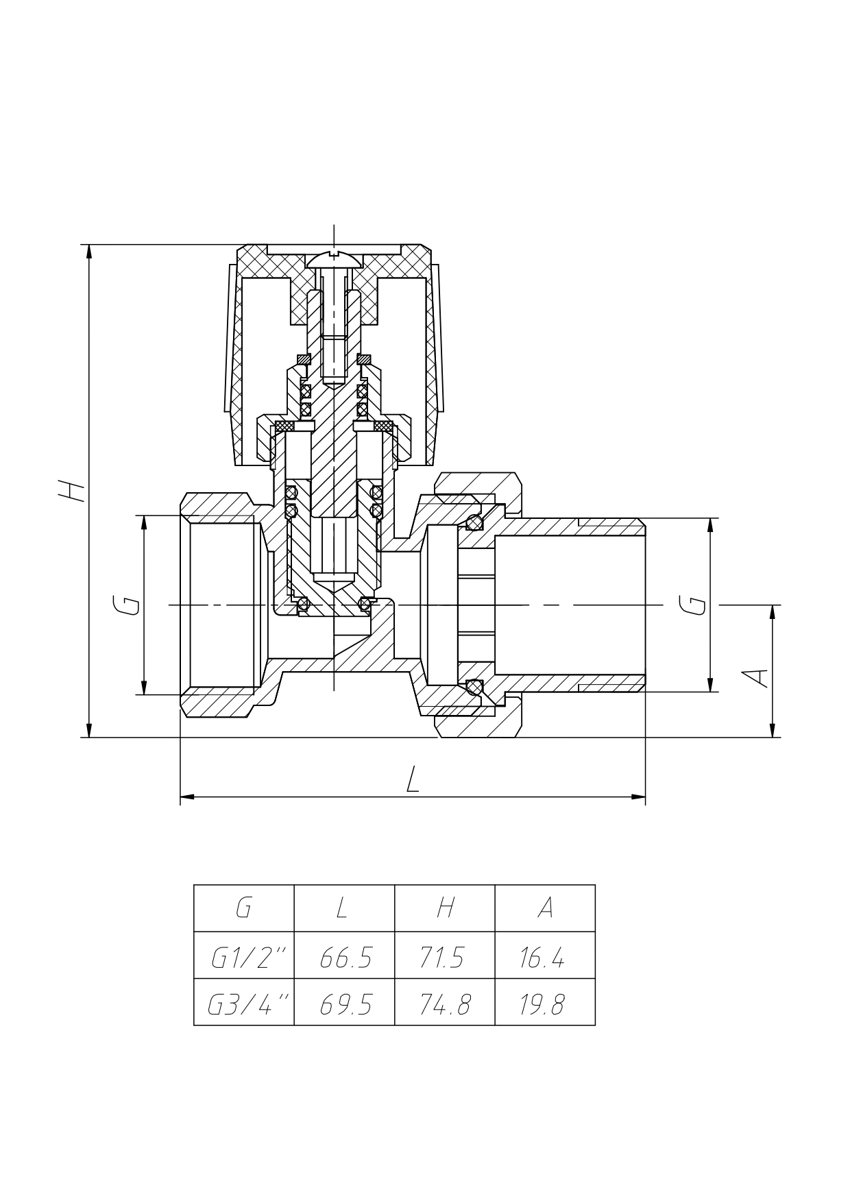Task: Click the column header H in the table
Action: click(446, 908)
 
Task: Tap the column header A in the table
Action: click(545, 908)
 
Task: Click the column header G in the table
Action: click(243, 908)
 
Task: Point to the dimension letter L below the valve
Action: click(412, 779)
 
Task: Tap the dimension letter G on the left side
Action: click(127, 605)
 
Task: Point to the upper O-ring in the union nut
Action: click(474, 523)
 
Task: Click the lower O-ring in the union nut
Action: click(474, 687)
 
